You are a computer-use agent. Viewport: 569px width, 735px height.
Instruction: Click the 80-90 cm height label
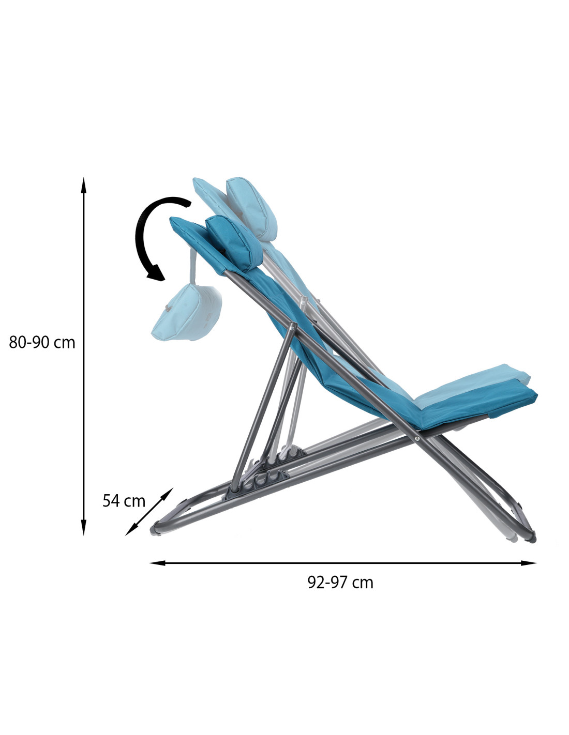[42, 343]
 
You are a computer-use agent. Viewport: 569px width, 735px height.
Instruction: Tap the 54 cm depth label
[124, 501]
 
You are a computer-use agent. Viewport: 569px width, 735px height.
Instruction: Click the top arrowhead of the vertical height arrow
[84, 185]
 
